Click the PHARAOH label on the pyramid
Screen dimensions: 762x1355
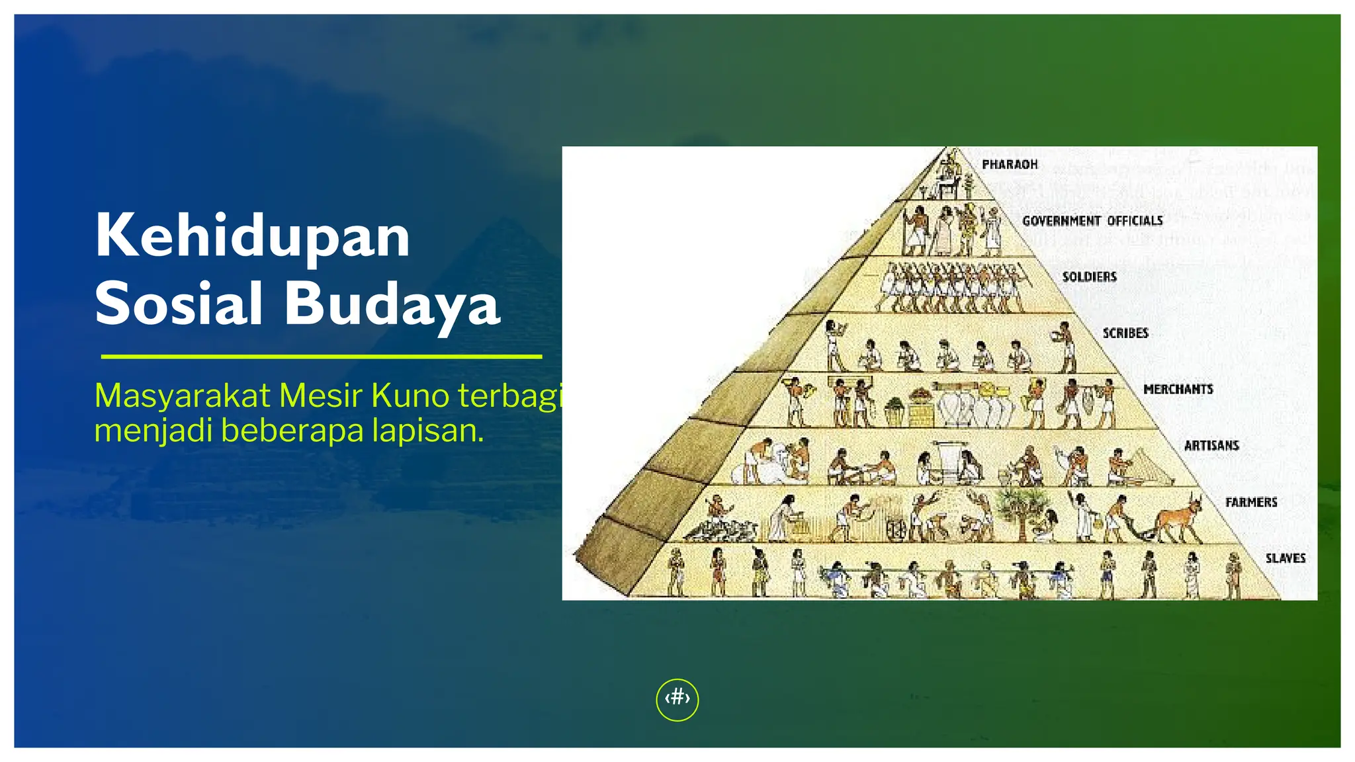pos(1010,164)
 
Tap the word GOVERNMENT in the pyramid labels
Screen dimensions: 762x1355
pos(1061,221)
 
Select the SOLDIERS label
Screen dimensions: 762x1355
pos(1089,276)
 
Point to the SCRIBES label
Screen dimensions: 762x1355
pos(1125,333)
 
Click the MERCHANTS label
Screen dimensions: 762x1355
pos(1178,389)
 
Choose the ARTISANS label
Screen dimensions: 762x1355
pos(1211,445)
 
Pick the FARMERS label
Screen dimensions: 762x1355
pos(1250,502)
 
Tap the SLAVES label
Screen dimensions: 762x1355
pos(1285,558)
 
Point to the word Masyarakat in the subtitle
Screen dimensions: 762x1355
pos(183,396)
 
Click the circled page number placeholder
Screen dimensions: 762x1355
pos(677,699)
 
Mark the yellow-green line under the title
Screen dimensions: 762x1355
pos(321,357)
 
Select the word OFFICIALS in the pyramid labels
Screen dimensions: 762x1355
pos(1135,221)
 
